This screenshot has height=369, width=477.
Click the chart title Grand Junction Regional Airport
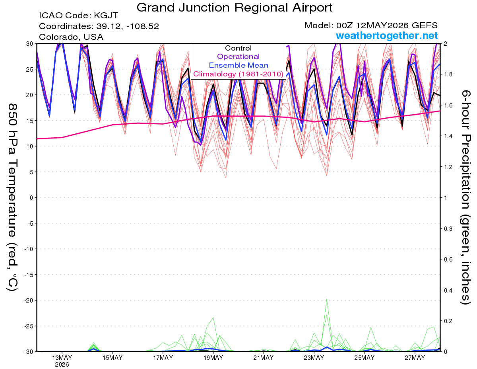tap(234, 8)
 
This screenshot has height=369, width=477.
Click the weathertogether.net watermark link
tap(387, 35)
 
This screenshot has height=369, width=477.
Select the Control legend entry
tap(238, 48)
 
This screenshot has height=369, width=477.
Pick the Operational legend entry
tap(238, 57)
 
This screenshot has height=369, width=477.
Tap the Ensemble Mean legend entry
tap(238, 65)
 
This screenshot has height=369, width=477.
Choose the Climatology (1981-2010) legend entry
tap(238, 74)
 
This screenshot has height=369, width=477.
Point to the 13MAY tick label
tap(62, 357)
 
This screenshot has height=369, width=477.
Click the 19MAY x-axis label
tap(213, 357)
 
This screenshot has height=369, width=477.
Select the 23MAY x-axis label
tap(314, 357)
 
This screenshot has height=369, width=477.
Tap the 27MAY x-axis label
tap(415, 357)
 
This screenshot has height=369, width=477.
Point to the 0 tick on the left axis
tap(31, 198)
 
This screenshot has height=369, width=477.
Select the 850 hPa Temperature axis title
tap(12, 197)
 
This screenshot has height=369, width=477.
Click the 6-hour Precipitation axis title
tap(465, 197)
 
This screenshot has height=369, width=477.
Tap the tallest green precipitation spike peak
tap(327, 299)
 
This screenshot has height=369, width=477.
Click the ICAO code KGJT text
tap(78, 16)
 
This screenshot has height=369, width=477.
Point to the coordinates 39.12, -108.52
tap(99, 26)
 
